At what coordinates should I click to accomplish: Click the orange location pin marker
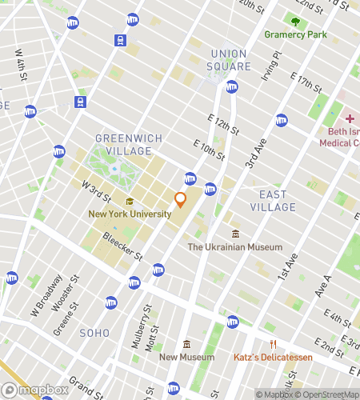180,198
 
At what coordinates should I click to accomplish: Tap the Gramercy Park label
296,35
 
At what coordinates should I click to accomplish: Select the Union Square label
230,59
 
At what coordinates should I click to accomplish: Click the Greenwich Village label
129,144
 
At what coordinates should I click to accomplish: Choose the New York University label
130,214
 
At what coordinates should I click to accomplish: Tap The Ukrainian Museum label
234,247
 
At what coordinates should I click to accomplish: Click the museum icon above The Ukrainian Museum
235,234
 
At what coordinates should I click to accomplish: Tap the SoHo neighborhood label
95,332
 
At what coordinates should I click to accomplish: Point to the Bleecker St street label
122,246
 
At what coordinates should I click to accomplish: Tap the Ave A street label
323,286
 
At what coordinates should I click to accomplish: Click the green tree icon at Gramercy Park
296,22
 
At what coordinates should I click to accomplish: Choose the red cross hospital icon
350,118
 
